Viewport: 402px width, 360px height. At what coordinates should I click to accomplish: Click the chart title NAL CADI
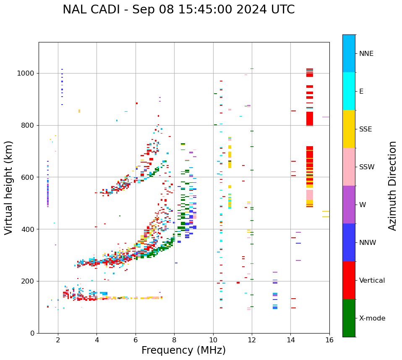point(178,10)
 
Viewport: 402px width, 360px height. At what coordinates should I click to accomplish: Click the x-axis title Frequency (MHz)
point(183,350)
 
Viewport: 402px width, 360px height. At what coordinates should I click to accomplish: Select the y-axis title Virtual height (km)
point(9,188)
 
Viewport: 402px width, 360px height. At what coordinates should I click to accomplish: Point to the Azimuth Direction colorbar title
point(392,186)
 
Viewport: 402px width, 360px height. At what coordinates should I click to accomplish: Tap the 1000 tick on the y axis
point(27,73)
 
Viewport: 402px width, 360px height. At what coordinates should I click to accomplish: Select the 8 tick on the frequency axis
point(174,339)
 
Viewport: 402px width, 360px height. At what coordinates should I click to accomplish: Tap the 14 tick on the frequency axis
point(290,339)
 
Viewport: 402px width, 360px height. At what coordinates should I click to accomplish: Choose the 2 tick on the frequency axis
point(58,339)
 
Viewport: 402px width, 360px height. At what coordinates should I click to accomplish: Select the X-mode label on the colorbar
point(372,318)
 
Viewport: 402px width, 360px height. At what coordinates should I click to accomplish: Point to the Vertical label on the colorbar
point(372,281)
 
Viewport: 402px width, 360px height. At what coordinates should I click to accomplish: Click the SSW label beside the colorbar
point(367,167)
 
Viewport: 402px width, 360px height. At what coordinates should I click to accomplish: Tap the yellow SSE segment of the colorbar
point(349,129)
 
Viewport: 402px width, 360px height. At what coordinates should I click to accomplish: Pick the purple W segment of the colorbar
point(349,205)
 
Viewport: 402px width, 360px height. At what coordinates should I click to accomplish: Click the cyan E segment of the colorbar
point(349,91)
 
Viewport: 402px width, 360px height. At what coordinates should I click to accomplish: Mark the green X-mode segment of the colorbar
point(349,318)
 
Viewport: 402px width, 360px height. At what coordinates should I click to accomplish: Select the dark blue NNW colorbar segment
point(349,242)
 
